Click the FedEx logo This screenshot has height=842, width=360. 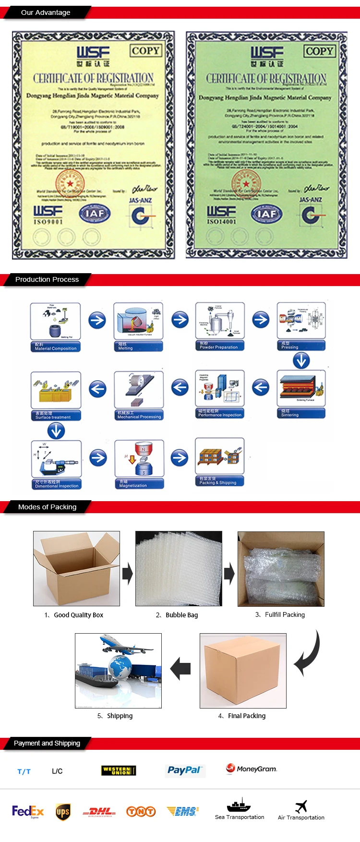(x=28, y=811)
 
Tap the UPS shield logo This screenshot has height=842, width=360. (x=63, y=812)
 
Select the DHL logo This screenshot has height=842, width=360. (x=99, y=812)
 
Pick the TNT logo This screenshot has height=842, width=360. (x=141, y=811)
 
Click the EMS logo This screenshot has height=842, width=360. (x=183, y=811)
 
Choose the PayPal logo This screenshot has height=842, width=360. (x=185, y=770)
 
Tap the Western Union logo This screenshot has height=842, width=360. (x=119, y=770)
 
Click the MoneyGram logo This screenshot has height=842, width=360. (x=252, y=769)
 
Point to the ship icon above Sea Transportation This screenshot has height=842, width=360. (x=239, y=805)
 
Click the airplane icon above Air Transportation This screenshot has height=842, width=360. (x=301, y=806)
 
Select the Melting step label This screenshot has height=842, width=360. (x=138, y=346)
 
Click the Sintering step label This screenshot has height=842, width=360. (x=301, y=413)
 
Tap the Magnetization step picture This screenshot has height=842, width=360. (x=139, y=459)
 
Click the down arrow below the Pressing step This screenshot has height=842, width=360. (x=301, y=360)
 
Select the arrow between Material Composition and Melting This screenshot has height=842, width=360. (x=97, y=320)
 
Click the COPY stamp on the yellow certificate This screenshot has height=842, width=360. (x=145, y=50)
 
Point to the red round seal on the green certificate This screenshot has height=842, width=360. (x=246, y=183)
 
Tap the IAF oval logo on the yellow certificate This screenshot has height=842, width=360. (x=95, y=213)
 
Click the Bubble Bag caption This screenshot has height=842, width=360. (x=181, y=615)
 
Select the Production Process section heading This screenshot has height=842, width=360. (x=47, y=279)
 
